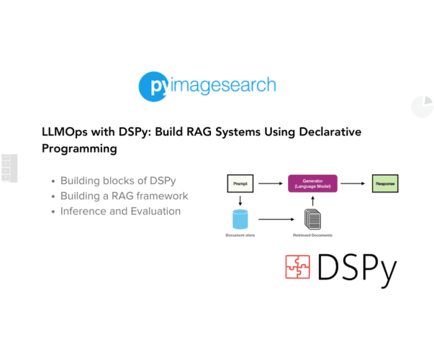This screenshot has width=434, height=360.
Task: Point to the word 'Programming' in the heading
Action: click(79, 149)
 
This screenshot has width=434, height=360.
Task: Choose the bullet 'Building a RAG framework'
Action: click(124, 196)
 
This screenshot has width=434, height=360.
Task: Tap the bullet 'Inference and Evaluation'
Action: click(120, 211)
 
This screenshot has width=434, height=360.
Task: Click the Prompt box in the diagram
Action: click(239, 184)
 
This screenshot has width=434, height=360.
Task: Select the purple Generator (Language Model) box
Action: click(312, 184)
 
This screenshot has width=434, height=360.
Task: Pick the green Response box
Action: click(384, 184)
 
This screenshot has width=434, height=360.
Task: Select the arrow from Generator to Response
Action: click(352, 184)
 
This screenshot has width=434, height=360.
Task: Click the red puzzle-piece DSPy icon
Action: click(297, 267)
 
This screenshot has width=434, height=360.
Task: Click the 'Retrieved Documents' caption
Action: click(312, 235)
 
